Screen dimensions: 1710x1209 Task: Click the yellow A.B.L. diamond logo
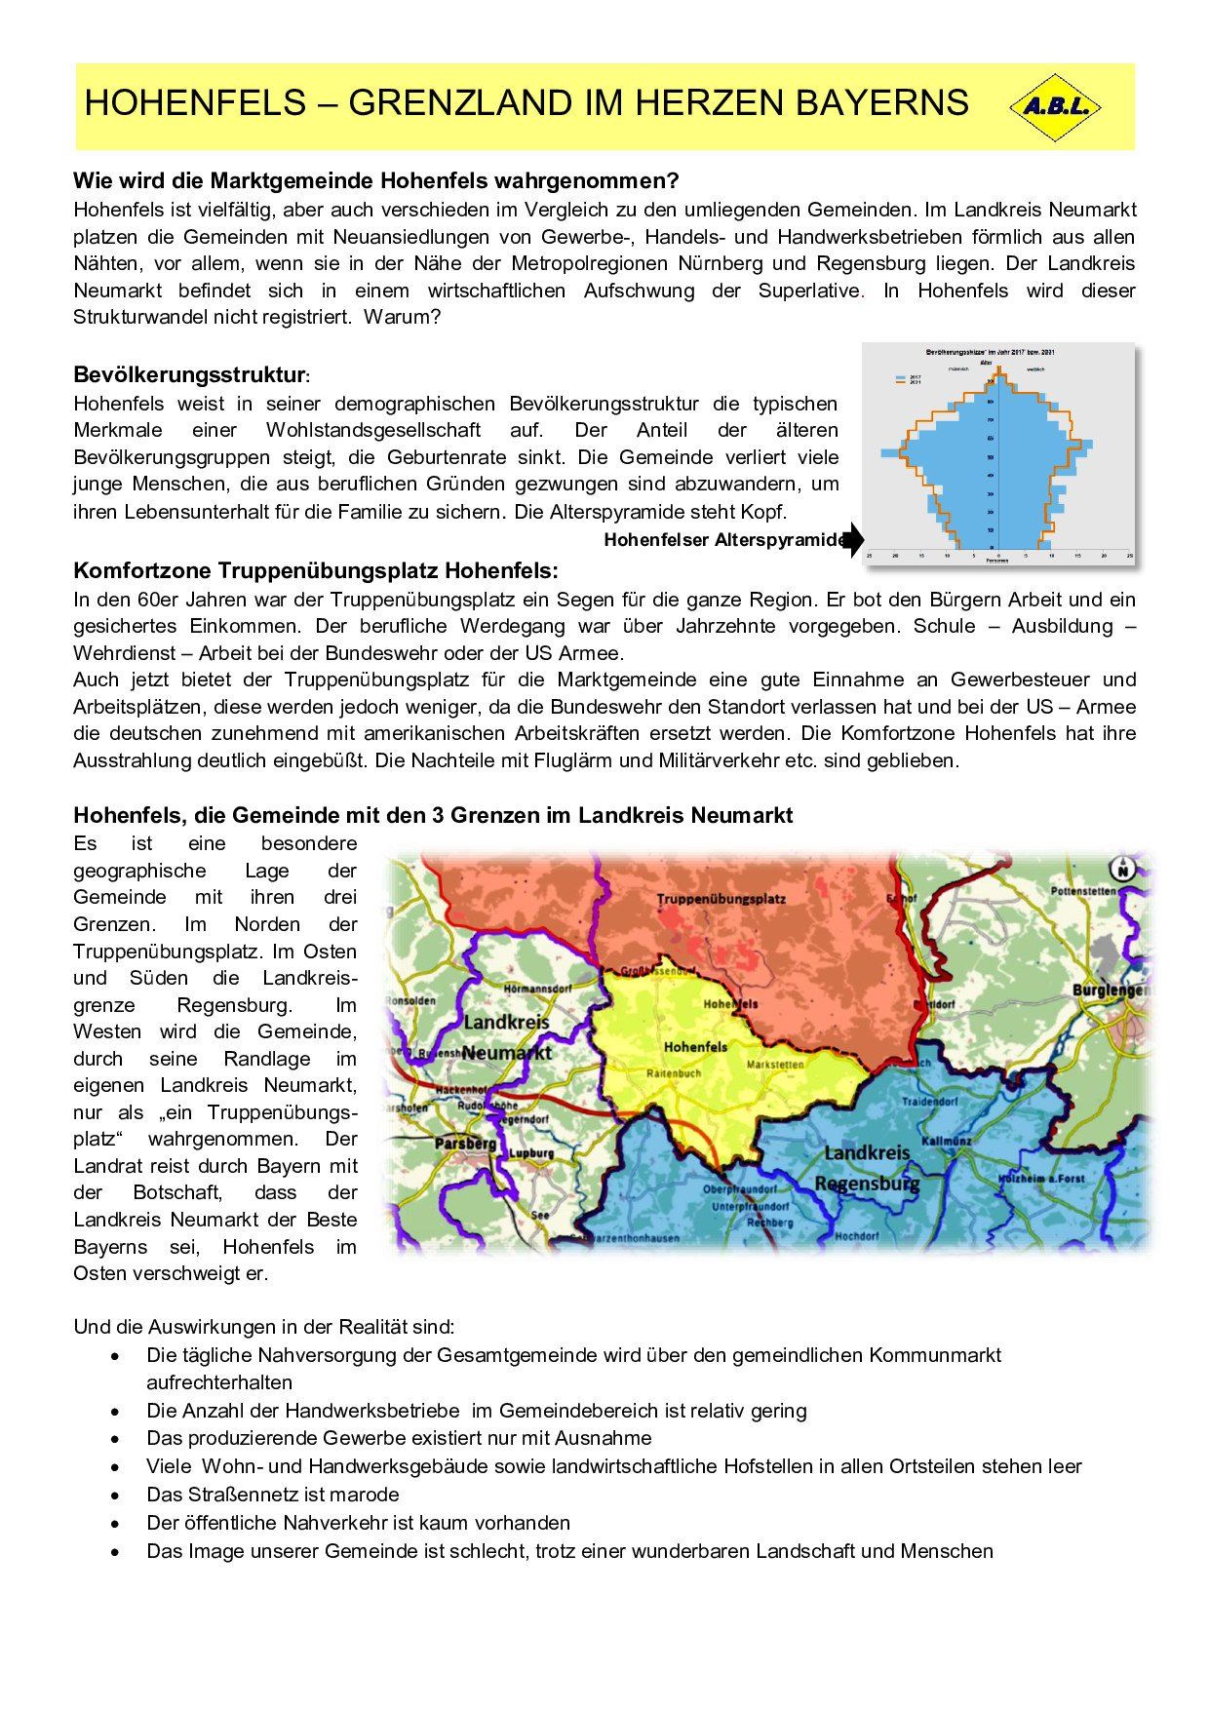point(1054,107)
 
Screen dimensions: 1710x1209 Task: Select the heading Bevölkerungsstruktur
point(189,375)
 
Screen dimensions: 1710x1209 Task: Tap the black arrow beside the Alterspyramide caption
point(854,539)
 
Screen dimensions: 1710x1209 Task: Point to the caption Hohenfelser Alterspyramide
point(724,540)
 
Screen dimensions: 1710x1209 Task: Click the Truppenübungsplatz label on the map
point(721,899)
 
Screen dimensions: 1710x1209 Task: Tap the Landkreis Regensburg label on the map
point(867,1168)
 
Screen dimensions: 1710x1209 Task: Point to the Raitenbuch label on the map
point(674,1072)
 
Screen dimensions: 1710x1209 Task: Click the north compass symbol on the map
point(1122,868)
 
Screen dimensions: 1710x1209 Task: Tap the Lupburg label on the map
point(531,1153)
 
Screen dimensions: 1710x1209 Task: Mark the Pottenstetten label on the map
point(1083,891)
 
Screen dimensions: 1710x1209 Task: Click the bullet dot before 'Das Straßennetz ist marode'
point(116,1495)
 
